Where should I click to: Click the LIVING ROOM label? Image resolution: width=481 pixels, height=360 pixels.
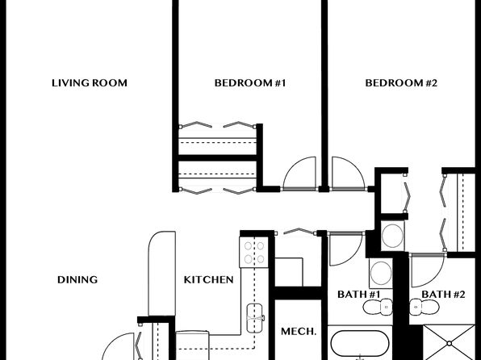coord(90,83)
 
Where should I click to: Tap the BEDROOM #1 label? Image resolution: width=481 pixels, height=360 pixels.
coord(250,83)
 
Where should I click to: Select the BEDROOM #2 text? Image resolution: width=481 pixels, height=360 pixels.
coord(401,83)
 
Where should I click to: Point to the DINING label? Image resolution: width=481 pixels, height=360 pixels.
coord(77,279)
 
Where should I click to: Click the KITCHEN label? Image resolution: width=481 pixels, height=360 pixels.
coord(208,279)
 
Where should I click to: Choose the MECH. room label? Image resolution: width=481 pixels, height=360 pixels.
coord(299,332)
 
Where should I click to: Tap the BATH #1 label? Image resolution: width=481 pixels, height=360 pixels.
coord(358,295)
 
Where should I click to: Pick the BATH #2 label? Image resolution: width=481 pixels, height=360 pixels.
coord(443,295)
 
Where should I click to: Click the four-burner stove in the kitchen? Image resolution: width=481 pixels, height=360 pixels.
coord(254,252)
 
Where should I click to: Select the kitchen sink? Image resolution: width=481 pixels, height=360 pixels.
coord(255,318)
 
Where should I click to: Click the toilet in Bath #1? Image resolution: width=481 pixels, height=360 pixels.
coord(378,307)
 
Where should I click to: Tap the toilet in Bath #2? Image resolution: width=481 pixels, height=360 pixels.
coord(425,307)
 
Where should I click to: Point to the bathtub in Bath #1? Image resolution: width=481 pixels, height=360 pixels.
coord(360,344)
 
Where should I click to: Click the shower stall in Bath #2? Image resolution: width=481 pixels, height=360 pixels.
coord(449,342)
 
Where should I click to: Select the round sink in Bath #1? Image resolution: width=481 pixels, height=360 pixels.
coord(381,273)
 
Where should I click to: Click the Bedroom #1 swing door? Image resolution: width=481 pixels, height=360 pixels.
coord(299,174)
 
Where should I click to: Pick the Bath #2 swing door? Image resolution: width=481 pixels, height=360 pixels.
coord(428,270)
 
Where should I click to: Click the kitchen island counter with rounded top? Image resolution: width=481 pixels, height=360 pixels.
coord(161,273)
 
